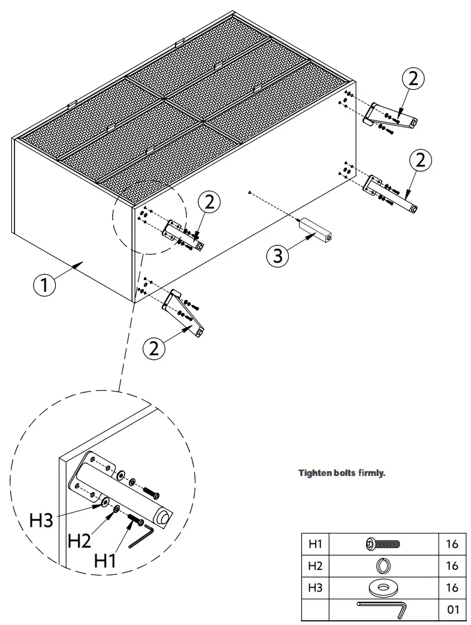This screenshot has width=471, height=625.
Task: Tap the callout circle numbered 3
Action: point(277,256)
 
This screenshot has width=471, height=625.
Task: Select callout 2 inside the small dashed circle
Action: point(209,202)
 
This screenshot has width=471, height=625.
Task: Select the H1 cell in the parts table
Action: point(315,544)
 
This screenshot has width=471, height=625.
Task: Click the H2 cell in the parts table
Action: point(315,565)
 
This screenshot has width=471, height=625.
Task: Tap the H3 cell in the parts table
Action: point(315,587)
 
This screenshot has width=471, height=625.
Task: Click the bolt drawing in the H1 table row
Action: point(382,544)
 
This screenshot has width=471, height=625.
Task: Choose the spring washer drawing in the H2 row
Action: point(382,565)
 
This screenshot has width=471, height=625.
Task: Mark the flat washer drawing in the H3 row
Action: point(382,587)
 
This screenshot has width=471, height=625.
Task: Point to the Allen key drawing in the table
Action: point(382,608)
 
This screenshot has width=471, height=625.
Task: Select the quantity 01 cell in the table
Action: point(452,609)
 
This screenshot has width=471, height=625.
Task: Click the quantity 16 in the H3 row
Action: point(452,587)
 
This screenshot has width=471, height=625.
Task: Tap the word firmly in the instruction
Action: point(372,473)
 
